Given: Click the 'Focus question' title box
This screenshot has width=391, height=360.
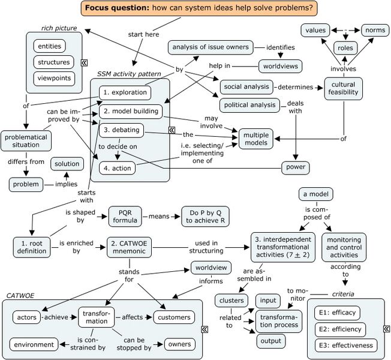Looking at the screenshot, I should coord(198,8).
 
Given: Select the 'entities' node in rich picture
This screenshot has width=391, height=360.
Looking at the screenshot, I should coord(53,46).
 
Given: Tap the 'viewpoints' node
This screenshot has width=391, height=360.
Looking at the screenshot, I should coord(53,78).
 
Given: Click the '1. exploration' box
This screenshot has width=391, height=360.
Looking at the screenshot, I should coord(124,92).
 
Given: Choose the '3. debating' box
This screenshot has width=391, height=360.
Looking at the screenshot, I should coord(121,130).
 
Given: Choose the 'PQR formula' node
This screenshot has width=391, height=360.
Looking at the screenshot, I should coord(125,217).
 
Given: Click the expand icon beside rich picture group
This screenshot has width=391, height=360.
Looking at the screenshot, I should coord(85,62).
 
